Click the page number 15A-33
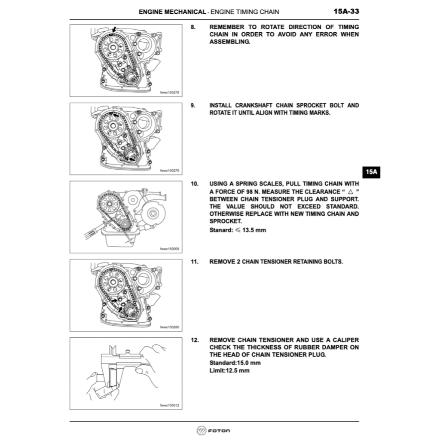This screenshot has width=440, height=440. [346, 12]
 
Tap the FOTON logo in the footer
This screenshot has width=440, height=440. [214, 431]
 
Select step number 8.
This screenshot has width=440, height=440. [193, 27]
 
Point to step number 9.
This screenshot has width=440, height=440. [193, 105]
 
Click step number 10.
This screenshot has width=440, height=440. [195, 183]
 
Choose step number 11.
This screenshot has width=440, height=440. [195, 262]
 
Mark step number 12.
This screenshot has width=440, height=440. [195, 340]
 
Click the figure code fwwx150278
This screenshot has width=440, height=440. [169, 92]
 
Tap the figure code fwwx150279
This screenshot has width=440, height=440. [169, 171]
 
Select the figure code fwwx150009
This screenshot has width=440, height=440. [169, 249]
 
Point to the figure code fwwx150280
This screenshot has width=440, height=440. [169, 327]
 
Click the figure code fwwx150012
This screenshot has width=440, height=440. [169, 405]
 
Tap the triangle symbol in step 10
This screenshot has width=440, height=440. [351, 192]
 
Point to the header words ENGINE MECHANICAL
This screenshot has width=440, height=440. [172, 12]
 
